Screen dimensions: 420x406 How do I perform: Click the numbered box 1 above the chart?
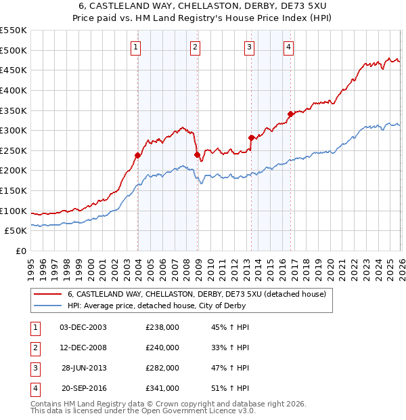[x=136, y=47]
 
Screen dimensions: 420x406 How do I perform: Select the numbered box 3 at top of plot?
[x=250, y=47]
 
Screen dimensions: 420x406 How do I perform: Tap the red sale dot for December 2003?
[x=137, y=155]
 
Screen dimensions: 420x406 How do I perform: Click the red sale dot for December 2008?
[x=198, y=154]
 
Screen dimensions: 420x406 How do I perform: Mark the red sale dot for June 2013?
[x=251, y=138]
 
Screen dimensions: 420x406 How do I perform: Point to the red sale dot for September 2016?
[x=290, y=114]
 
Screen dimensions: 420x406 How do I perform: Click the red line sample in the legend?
[x=47, y=294]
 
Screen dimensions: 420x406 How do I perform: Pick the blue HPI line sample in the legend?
[x=47, y=306]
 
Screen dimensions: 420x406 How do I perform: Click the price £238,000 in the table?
[x=162, y=327]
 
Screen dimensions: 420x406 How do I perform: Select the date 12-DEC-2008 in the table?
[x=83, y=348]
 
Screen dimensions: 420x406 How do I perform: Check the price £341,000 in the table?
[x=162, y=389]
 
